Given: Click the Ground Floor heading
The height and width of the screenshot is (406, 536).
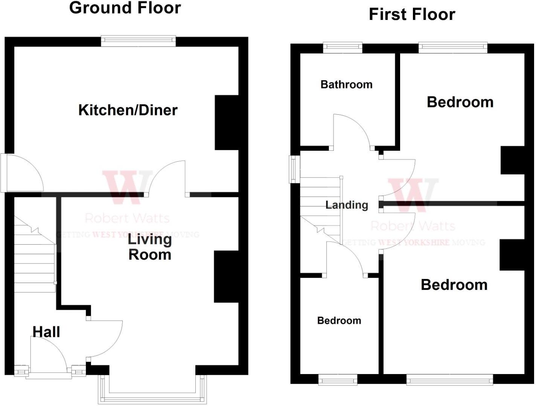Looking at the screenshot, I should click(125, 8).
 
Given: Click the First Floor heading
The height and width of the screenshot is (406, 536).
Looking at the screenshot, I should click(412, 14).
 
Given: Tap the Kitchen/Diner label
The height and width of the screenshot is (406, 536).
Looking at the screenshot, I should click(128, 110).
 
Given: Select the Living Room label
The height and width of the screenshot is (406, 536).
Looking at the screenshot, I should click(150, 247).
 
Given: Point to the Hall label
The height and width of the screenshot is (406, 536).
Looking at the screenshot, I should click(46, 332).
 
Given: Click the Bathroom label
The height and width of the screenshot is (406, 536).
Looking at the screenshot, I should click(346, 85).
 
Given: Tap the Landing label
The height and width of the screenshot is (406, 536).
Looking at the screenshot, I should click(347, 205).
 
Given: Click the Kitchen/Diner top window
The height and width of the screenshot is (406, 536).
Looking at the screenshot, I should click(138, 41).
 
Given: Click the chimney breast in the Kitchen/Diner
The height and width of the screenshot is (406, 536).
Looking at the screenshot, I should click(227, 123).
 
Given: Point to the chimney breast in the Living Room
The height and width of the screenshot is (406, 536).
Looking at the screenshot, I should click(226, 277).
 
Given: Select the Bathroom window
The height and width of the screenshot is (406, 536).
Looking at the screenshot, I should click(343, 48).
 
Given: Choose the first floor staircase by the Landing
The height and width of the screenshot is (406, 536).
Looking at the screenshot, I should click(320, 211).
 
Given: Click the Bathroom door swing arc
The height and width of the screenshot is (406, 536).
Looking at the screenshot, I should click(352, 130).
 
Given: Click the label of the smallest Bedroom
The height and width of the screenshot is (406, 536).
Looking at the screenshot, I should click(339, 321).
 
